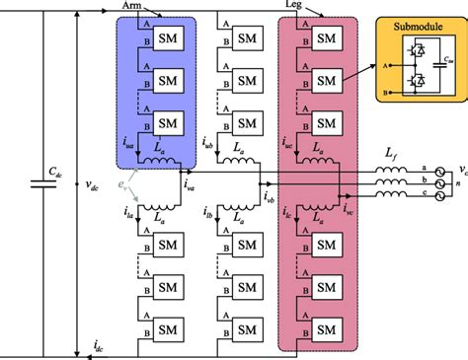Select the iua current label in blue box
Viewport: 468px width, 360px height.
130,145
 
